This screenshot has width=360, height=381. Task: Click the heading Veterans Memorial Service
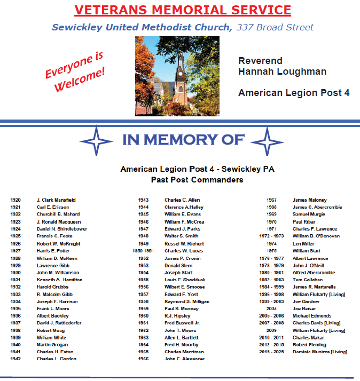pos(183,10)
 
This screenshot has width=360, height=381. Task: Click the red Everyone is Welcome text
pos(75,66)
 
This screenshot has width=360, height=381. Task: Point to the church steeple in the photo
pos(181,59)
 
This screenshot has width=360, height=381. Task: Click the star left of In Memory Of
pos(96,141)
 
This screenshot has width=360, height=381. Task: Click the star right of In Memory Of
pos(267,141)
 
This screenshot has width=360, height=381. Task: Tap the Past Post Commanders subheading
pos(197,180)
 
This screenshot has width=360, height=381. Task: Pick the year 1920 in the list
pos(15,200)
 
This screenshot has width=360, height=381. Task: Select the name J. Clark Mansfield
pos(56,200)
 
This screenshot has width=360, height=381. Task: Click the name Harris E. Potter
pos(53,251)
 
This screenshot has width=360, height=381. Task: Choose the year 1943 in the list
pos(143,200)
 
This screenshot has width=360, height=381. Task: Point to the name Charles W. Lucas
pos(184,251)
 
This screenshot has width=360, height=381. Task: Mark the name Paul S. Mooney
pos(182,308)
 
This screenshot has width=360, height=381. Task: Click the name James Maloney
pos(310,200)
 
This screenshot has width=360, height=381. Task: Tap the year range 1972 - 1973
pos(271,236)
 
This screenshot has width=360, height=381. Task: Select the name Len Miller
pos(304,243)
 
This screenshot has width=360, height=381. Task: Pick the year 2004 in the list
pos(271,308)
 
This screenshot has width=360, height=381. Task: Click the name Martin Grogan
pos(52,345)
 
